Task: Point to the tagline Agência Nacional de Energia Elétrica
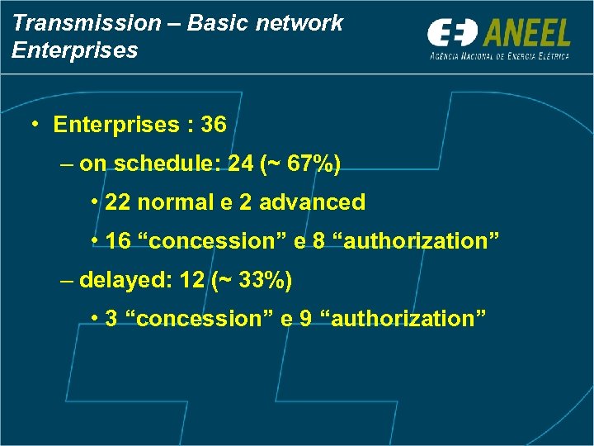coord(500,56)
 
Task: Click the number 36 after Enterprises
coord(213,125)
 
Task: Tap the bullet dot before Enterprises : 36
coord(34,125)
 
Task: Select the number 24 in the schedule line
coord(240,164)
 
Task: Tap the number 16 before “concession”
coord(120,241)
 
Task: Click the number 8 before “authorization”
coord(318,241)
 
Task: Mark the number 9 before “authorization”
coord(305,319)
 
